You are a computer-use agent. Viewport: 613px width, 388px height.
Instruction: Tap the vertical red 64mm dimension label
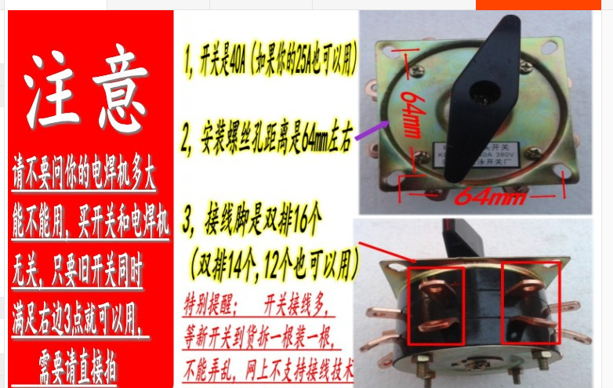410,114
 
